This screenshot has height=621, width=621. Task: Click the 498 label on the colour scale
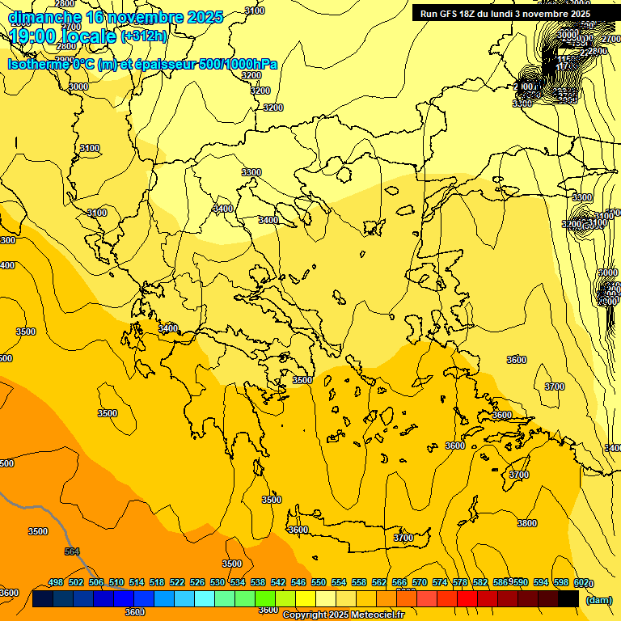click(56, 583)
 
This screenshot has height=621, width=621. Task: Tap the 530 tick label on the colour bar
click(218, 583)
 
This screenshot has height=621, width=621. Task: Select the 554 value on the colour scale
click(339, 583)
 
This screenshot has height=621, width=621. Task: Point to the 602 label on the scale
click(581, 583)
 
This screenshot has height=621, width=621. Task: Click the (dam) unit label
click(599, 599)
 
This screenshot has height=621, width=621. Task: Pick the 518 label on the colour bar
click(157, 583)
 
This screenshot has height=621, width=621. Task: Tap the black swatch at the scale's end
click(568, 598)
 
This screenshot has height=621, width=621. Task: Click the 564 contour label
click(72, 552)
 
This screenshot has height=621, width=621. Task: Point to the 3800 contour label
click(526, 523)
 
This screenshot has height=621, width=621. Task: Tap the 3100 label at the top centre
click(254, 11)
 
